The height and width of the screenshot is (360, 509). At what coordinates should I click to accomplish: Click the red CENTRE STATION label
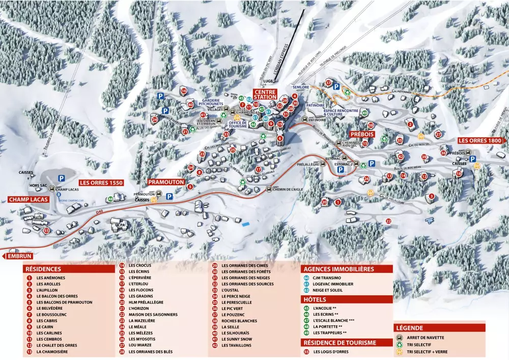tap(265, 94)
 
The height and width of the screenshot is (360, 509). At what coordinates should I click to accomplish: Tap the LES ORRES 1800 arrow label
tap(481, 140)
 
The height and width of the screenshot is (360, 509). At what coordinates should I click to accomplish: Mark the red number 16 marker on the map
tap(184, 91)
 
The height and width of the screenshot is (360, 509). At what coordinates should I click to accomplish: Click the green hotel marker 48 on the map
tap(110, 199)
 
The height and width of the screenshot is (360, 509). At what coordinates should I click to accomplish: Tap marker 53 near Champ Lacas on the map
tap(47, 231)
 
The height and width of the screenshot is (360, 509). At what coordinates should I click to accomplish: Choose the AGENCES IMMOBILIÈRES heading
tap(338, 269)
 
